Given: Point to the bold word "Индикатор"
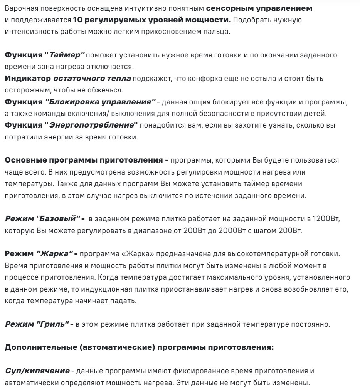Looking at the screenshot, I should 27,79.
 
